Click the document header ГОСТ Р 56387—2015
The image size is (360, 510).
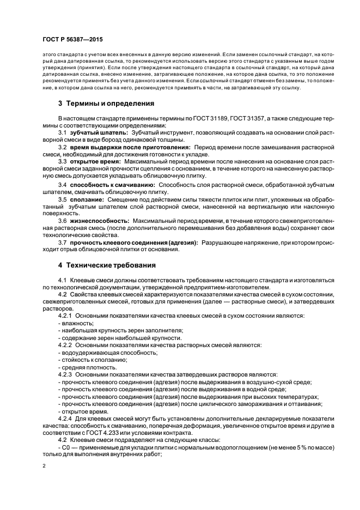[72, 40]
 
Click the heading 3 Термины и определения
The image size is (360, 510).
[106, 103]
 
